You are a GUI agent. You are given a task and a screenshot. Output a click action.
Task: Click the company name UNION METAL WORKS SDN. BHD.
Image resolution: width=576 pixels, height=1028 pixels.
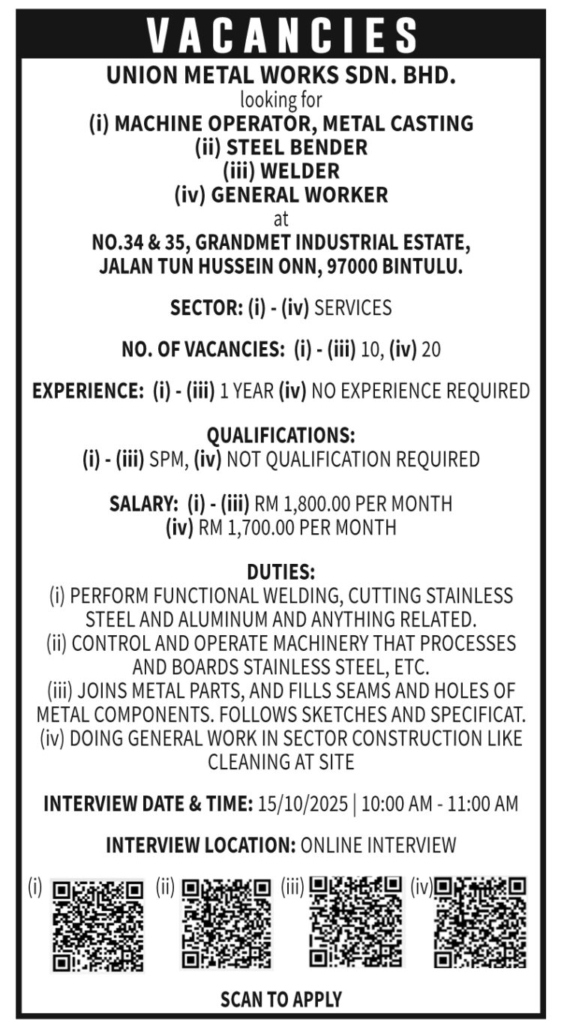point(281,76)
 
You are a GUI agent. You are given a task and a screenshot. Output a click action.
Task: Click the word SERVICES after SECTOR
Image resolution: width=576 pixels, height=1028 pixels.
point(352,307)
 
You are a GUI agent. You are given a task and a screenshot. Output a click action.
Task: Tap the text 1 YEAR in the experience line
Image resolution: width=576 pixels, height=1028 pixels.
point(247,391)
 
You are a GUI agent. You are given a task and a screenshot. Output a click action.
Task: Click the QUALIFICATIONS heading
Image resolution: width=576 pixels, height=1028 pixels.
point(281,436)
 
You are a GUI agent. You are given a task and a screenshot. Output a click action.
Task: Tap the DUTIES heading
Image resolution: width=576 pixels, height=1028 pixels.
point(281,572)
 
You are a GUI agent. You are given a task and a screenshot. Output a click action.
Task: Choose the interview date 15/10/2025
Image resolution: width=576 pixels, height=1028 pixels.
point(302,804)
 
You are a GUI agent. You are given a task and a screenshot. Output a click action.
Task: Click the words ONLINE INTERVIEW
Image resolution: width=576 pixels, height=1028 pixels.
point(378,845)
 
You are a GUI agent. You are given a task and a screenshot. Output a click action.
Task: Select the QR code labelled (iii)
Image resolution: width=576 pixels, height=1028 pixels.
point(355,922)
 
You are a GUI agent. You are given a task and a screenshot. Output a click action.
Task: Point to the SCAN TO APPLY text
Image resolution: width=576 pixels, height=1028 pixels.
point(281,999)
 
